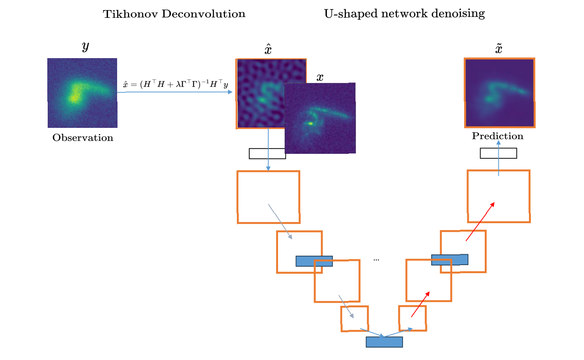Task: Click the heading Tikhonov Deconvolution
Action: tap(174, 14)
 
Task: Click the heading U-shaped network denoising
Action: tap(404, 14)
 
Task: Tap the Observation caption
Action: tap(83, 138)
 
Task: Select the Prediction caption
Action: tap(498, 136)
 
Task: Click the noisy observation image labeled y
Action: tap(82, 93)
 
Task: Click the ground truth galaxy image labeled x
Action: tap(320, 118)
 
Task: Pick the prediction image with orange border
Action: tap(499, 93)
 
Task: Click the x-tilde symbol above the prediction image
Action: tap(499, 49)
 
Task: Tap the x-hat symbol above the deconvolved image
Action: tap(268, 50)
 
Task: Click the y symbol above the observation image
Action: tap(85, 47)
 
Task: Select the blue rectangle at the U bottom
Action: tap(384, 342)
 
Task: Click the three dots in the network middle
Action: tap(376, 260)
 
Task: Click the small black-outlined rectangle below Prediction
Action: tap(498, 153)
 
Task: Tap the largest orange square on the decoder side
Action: tap(499, 196)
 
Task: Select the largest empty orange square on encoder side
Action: tap(268, 197)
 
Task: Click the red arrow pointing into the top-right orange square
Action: tap(480, 222)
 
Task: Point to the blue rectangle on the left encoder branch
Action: tap(314, 261)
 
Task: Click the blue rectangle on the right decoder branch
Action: tap(449, 260)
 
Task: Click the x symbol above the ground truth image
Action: tap(320, 78)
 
